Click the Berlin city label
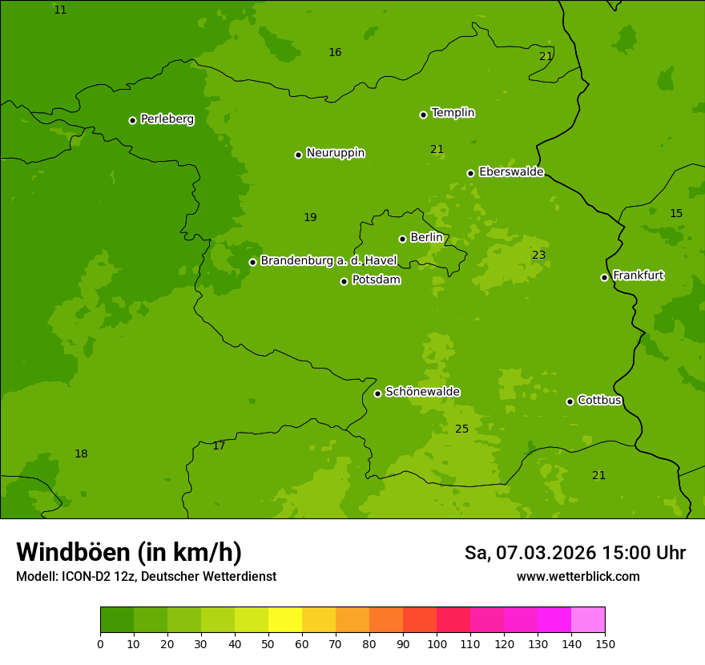point(426,238)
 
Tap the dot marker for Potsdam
point(344,281)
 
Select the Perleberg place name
point(167,119)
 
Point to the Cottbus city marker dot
point(570,401)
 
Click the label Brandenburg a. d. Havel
point(328,261)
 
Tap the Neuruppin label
point(335,153)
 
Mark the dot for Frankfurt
point(604,277)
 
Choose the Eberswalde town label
point(511,172)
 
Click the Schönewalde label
point(422,392)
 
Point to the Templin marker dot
point(423,115)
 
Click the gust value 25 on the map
point(461,429)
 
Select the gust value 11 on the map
point(60,10)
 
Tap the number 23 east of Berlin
point(538,256)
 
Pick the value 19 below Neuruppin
point(310,218)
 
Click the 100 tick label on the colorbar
point(437,643)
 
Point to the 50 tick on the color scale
point(268,643)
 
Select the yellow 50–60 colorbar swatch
point(285,620)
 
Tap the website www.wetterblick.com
point(578,577)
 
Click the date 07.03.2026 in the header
point(546,553)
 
